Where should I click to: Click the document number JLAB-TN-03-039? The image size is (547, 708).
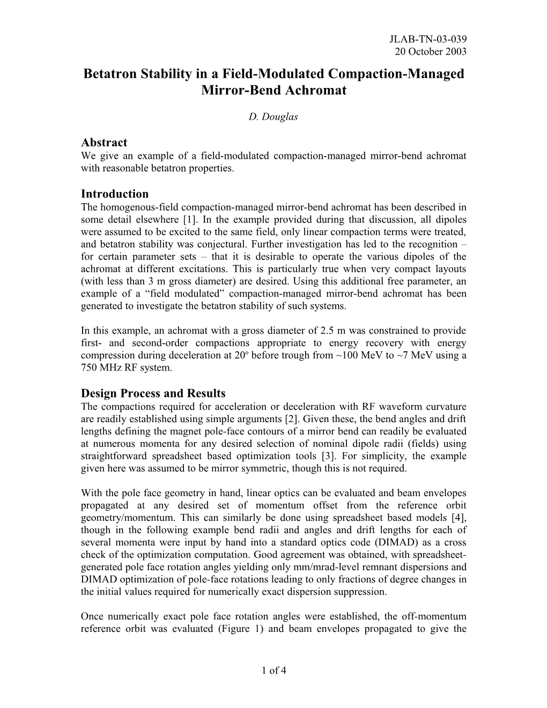(430, 39)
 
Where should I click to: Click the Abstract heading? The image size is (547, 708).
(104, 142)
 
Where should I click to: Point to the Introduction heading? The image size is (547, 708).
(114, 194)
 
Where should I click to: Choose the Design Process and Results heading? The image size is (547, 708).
(153, 393)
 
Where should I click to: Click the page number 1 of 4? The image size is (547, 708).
(273, 670)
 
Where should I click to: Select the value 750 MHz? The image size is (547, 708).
(102, 367)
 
